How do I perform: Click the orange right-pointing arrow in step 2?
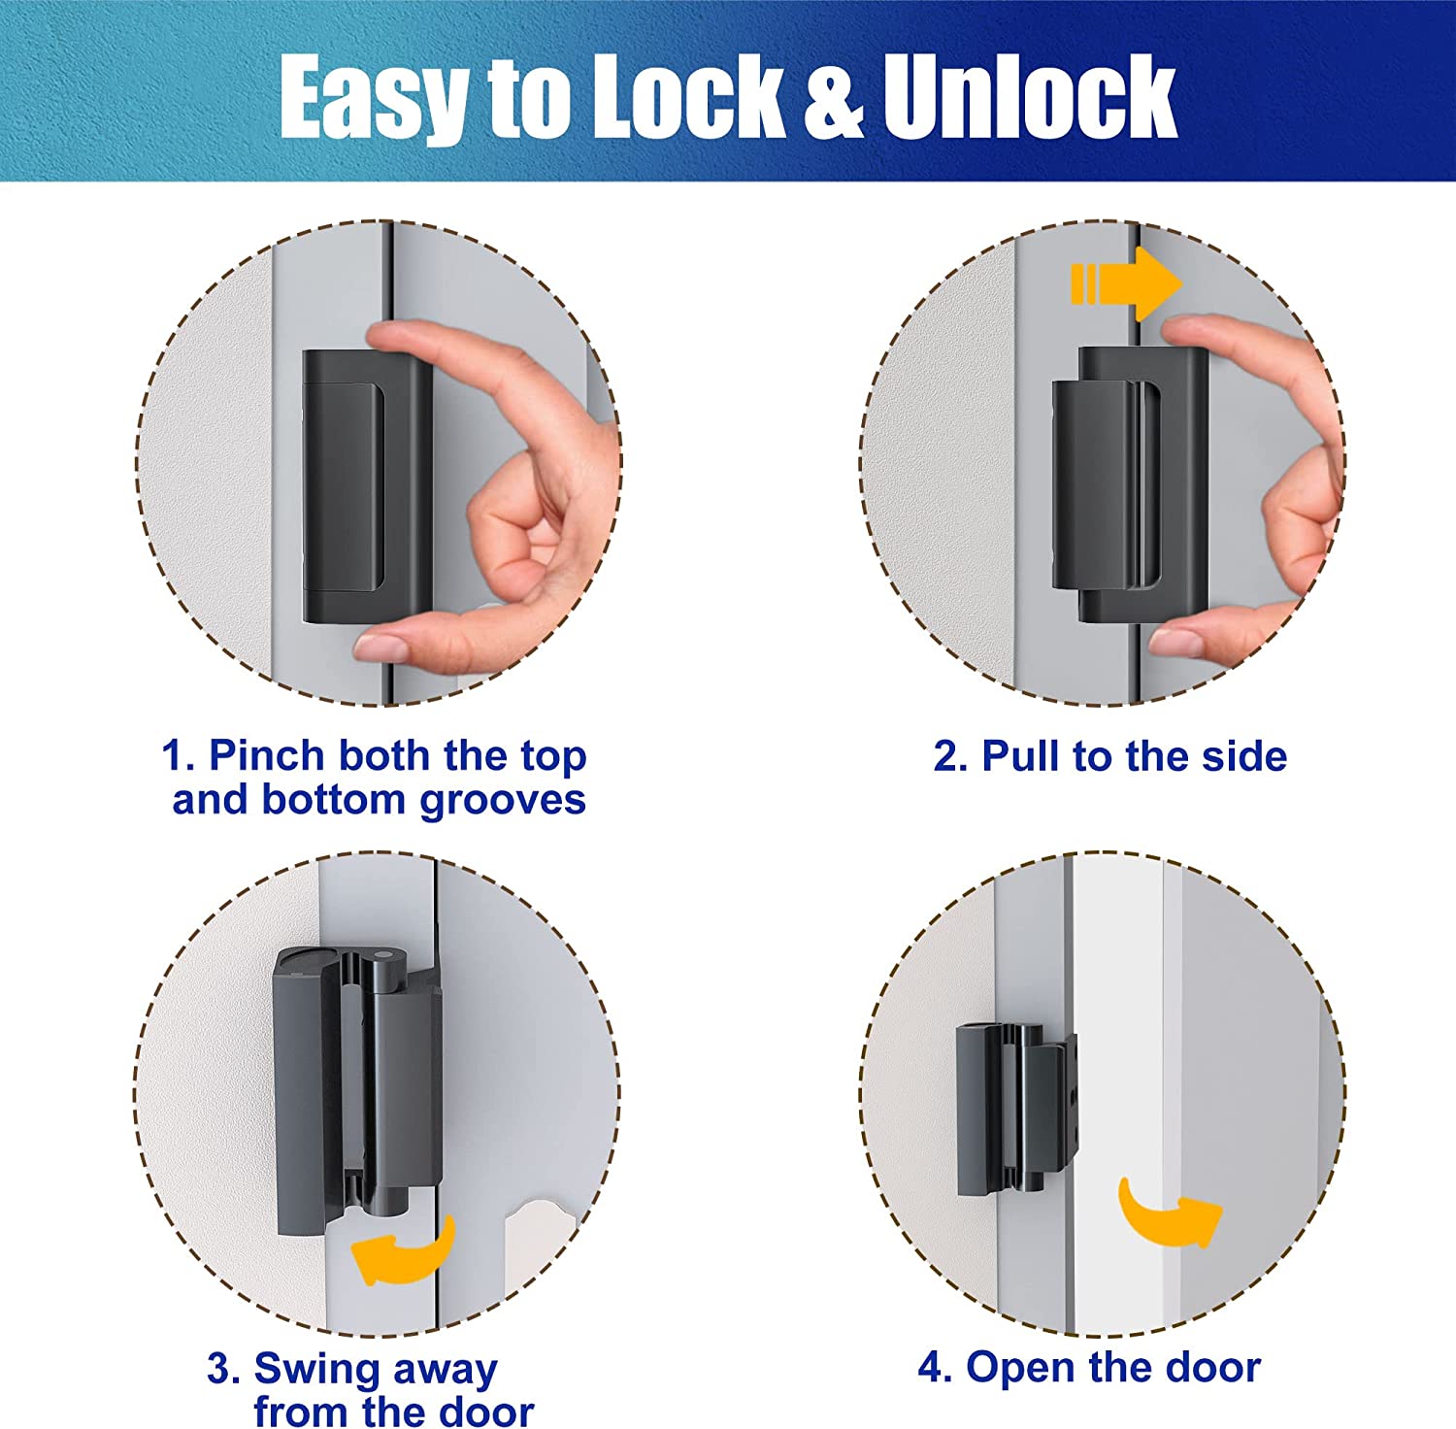click(x=1126, y=284)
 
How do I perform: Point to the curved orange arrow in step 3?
click(x=404, y=1252)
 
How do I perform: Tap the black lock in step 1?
click(x=366, y=485)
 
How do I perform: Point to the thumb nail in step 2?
click(x=1175, y=641)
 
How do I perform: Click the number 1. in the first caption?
click(x=179, y=756)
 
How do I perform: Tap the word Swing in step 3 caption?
click(x=315, y=1369)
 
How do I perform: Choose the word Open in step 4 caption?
click(x=1020, y=1367)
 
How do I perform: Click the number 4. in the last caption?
click(x=935, y=1367)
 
